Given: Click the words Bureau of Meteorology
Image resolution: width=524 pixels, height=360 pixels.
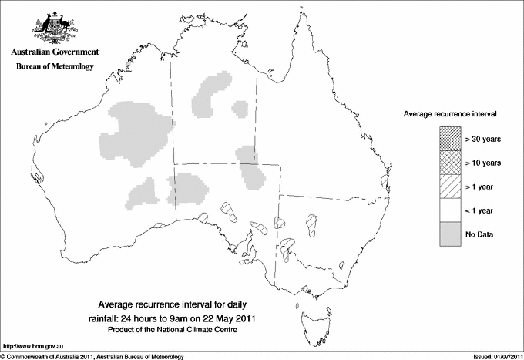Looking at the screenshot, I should click(55, 67).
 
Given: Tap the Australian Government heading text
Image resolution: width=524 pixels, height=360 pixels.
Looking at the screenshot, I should click(54, 52).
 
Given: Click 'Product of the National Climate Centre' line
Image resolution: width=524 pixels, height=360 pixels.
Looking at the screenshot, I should click(179, 330).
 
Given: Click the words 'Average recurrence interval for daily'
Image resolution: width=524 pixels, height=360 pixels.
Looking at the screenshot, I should click(178, 304).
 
